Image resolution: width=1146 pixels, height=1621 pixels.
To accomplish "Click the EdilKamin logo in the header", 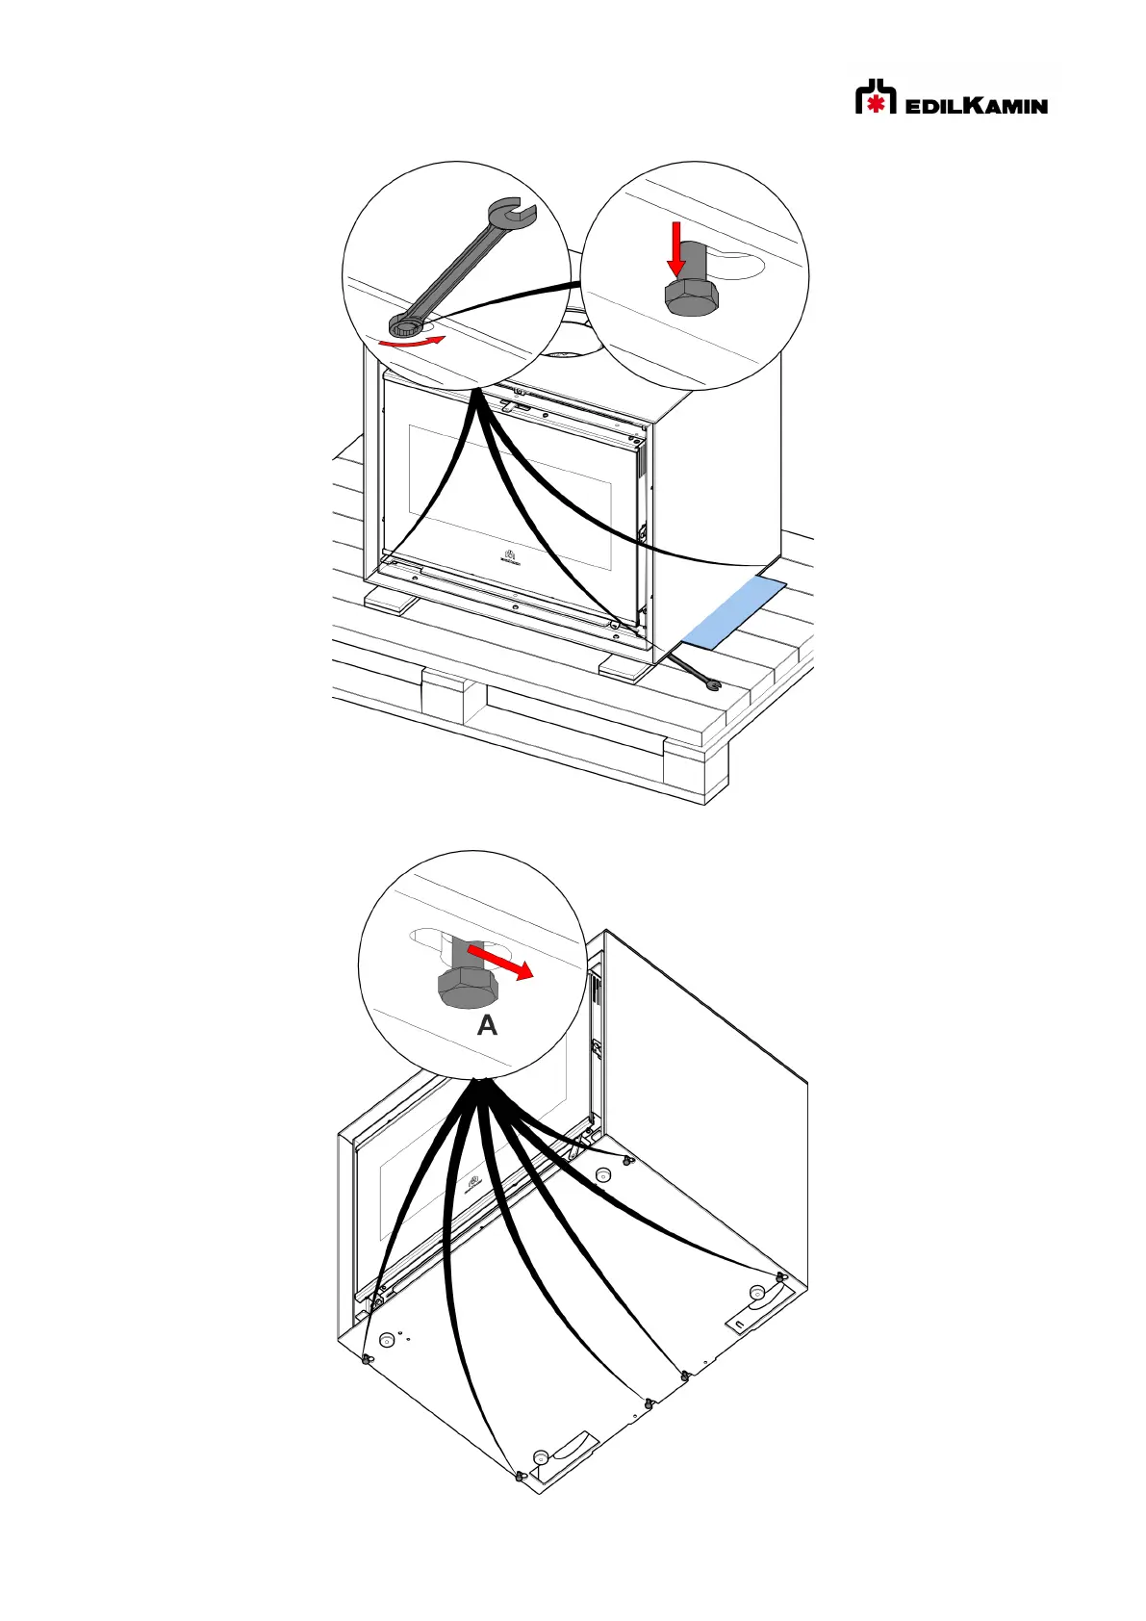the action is point(951,97).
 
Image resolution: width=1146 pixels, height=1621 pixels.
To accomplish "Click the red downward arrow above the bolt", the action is point(676,246).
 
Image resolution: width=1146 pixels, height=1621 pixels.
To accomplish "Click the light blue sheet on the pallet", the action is point(733,612).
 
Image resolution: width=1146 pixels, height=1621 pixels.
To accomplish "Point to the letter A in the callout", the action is point(487,1026).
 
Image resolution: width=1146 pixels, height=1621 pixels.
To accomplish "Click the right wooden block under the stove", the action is point(624,666).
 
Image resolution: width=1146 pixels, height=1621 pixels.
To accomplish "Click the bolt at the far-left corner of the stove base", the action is point(367,1359).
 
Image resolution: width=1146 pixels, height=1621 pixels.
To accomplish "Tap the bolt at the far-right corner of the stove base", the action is point(780,1277).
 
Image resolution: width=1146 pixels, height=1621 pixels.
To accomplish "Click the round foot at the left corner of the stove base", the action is point(388,1339).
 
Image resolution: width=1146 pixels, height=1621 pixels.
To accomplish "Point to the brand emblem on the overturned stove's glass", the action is point(473,1183).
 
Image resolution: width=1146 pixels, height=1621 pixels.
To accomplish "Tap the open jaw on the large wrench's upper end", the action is point(510,212).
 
